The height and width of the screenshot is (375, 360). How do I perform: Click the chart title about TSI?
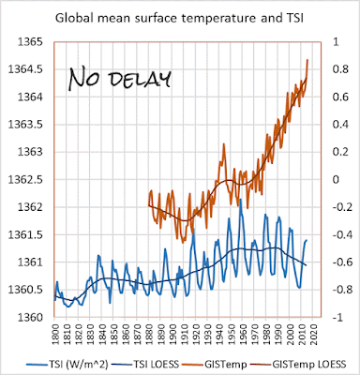tap(180, 18)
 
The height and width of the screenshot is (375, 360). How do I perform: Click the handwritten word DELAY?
tap(140, 79)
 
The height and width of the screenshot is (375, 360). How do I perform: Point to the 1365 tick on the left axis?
tap(30, 42)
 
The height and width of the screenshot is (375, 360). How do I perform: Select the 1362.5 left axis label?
tap(25, 180)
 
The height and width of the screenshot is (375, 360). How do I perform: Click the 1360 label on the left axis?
tap(30, 317)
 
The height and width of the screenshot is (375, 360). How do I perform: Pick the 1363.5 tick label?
tap(25, 125)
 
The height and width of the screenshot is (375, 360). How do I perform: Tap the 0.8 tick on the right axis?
tap(340, 69)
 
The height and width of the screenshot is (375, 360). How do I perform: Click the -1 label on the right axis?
tap(336, 317)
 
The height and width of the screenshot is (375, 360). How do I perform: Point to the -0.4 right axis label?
tap(341, 234)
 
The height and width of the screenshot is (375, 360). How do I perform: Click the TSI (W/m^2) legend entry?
tap(67, 364)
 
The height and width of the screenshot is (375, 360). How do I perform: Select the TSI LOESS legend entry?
tap(148, 364)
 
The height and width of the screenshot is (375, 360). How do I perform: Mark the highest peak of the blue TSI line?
tap(240, 199)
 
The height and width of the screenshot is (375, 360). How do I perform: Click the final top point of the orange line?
tap(307, 59)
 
